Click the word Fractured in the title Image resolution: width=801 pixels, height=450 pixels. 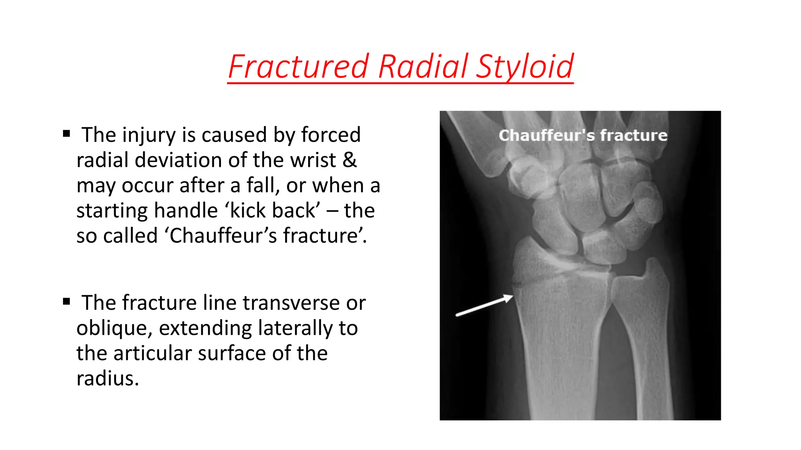[298, 67]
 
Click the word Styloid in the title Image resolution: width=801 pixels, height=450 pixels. [524, 67]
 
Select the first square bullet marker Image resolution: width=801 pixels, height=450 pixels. [66, 134]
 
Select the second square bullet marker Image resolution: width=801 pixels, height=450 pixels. [66, 302]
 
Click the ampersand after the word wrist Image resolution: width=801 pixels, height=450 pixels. [349, 160]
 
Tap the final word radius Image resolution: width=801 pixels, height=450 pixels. [108, 379]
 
